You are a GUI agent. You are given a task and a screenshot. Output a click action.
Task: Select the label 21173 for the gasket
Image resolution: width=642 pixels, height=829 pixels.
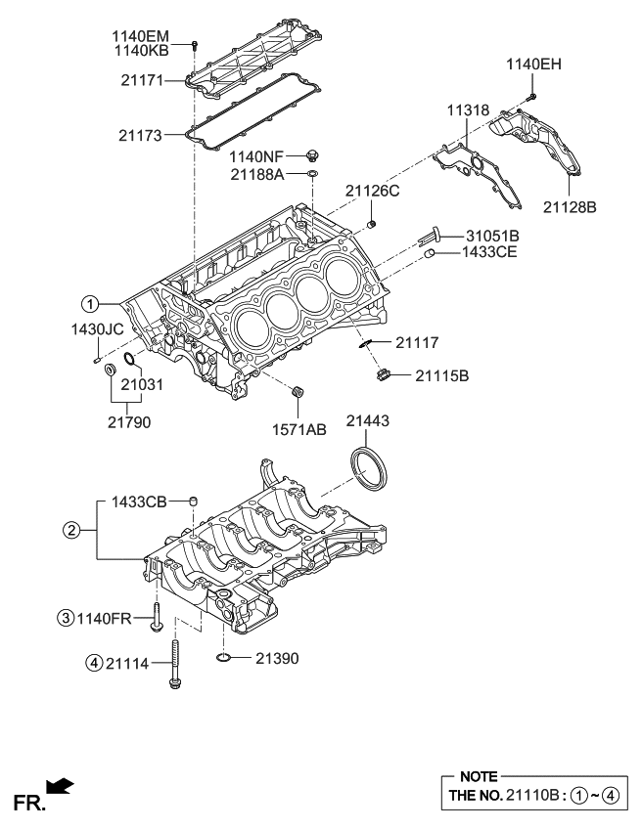tap(141, 133)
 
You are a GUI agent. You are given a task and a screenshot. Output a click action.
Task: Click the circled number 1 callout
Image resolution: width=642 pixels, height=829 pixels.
tap(89, 302)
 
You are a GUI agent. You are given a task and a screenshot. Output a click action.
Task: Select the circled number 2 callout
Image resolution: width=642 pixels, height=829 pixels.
tap(70, 531)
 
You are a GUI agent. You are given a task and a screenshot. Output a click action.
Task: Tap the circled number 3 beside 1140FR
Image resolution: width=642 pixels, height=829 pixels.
tap(65, 617)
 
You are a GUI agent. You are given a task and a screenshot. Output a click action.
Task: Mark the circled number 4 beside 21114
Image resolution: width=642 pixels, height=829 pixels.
tap(93, 663)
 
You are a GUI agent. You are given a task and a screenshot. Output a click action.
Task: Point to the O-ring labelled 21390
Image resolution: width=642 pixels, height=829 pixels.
tap(223, 659)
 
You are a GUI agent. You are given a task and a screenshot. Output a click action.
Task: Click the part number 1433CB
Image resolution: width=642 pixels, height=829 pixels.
tap(139, 502)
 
